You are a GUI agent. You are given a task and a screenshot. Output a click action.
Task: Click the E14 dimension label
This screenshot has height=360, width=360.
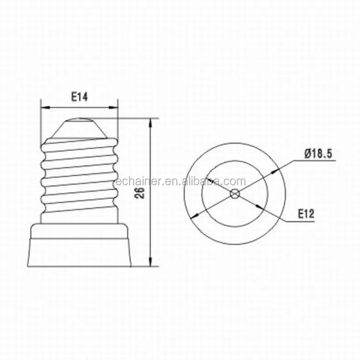click(x=79, y=97)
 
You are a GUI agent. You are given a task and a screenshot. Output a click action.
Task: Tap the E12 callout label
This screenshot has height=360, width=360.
click(x=306, y=214)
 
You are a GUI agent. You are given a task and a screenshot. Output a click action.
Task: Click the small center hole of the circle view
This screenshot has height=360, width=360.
click(x=235, y=194)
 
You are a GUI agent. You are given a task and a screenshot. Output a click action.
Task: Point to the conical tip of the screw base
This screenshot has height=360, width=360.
click(x=80, y=126)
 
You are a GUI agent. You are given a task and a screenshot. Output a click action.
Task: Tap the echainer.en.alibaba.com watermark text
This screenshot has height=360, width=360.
click(x=181, y=181)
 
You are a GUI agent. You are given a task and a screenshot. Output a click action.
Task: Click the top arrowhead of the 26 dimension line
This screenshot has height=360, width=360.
click(x=152, y=122)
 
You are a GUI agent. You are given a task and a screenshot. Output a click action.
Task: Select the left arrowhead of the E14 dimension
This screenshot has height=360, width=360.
click(x=44, y=107)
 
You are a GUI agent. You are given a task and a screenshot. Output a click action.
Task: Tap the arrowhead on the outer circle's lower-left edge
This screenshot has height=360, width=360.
click(x=193, y=217)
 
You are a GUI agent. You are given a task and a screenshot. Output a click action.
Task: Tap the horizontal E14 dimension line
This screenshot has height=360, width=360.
click(x=79, y=107)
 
